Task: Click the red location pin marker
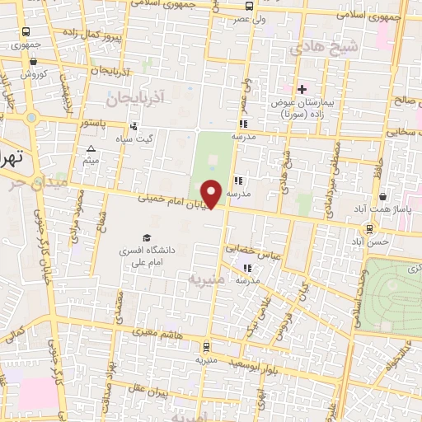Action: tap(213, 193)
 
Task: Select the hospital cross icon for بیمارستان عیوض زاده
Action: tap(302, 89)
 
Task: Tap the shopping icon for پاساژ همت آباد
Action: tap(383, 197)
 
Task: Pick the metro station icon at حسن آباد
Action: tap(368, 228)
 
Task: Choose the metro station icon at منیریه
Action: tap(205, 348)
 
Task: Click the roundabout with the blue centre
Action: tap(32, 118)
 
